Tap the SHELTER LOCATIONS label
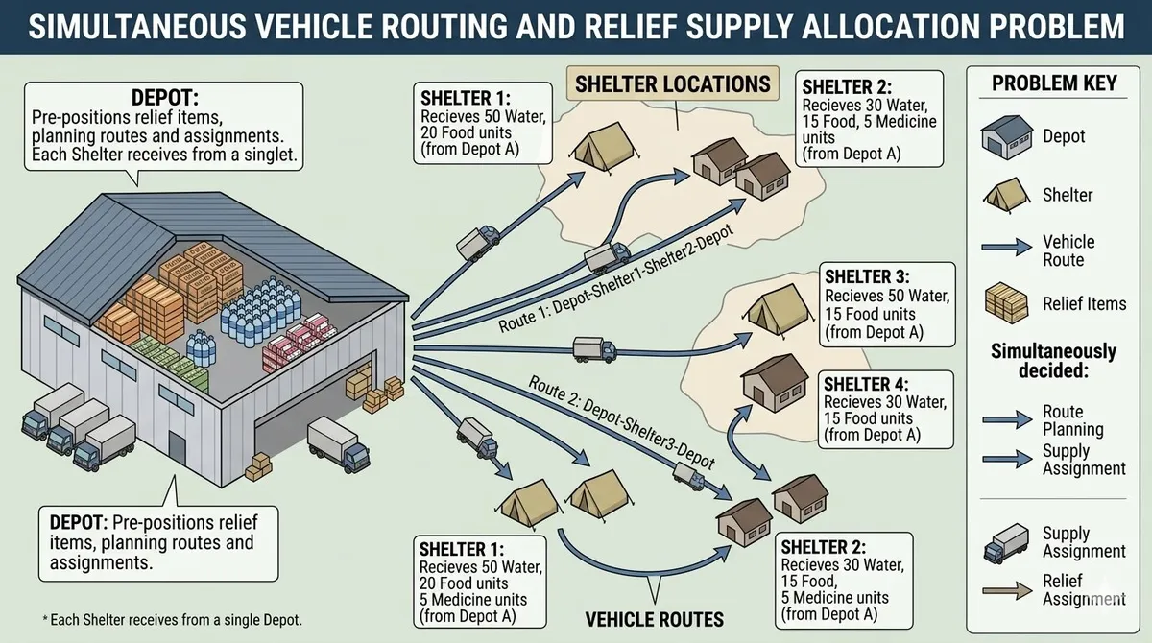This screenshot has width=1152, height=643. coord(672,83)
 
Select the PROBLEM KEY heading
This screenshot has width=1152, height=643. coord(1054,83)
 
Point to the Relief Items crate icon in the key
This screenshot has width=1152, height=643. coord(1004,303)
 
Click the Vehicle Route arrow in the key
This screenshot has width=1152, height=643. coord(1004,250)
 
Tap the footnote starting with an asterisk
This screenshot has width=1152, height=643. coord(158,621)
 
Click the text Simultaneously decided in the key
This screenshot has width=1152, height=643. coord(1053,362)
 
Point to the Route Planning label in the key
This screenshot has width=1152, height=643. coord(1072,420)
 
